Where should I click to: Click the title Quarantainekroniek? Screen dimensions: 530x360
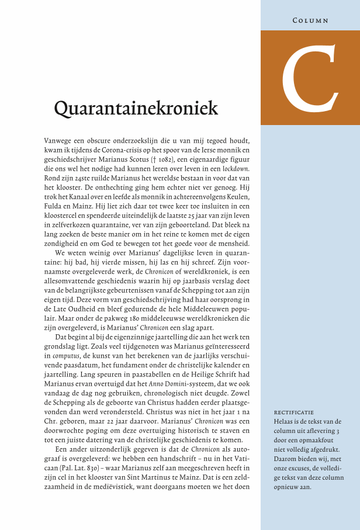(x=136, y=109)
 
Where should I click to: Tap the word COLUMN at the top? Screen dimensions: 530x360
(x=310, y=20)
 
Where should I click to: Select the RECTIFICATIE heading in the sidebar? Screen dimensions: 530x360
(x=294, y=412)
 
